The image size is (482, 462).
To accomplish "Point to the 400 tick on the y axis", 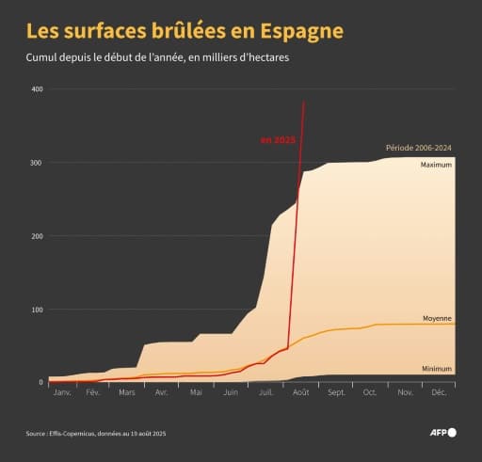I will pos(37,89).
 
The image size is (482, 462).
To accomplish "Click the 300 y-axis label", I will pos(37,163).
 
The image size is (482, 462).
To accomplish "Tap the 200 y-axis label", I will pos(37,236).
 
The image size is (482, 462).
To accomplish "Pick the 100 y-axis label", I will pos(37,310).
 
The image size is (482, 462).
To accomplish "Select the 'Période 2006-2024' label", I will pos(420,149).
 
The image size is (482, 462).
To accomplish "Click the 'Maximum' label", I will pos(436,165).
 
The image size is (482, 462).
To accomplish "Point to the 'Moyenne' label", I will pos(437,318).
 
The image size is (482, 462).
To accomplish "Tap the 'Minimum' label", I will pos(437,369).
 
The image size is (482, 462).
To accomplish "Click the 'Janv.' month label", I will pos(63,391).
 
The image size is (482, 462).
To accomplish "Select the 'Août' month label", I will pos(301,391).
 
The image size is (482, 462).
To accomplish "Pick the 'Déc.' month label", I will pos(439,391).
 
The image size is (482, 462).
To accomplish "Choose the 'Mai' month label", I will pos(195,391).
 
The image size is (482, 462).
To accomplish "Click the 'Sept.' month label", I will pos(336,391).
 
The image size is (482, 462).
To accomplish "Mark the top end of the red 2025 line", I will pos(303,101).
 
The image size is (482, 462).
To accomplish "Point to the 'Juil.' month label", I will pos(266,391).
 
